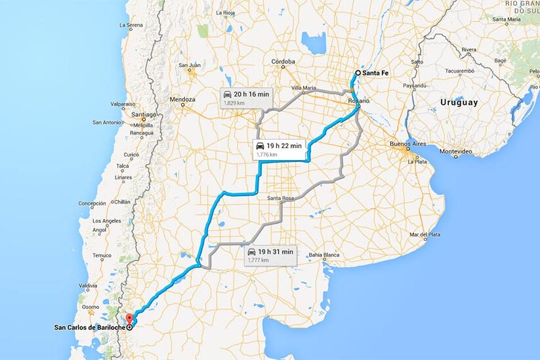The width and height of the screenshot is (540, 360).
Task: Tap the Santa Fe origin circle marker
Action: click(358, 73)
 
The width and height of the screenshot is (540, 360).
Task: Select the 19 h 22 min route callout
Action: click(278, 149)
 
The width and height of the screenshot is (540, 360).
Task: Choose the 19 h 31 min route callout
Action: click(270, 255)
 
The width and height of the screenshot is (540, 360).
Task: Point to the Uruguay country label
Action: click(459, 102)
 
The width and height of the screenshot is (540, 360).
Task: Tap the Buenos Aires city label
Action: click(409, 144)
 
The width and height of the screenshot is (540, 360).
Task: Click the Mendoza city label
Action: click(183, 100)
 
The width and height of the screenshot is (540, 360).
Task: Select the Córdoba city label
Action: click(283, 62)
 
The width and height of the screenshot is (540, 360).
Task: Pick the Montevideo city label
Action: click(456, 151)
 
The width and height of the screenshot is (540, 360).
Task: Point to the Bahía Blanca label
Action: click(325, 254)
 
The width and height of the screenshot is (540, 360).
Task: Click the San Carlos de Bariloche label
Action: click(90, 327)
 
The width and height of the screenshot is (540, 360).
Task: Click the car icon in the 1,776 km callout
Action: click(260, 145)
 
